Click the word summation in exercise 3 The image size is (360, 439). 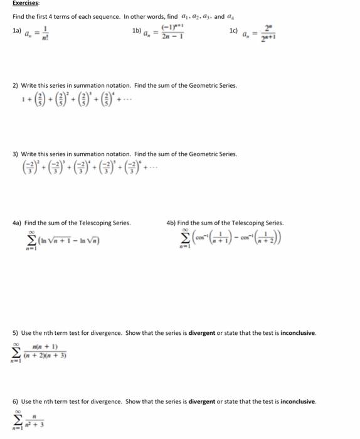(x=79, y=154)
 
